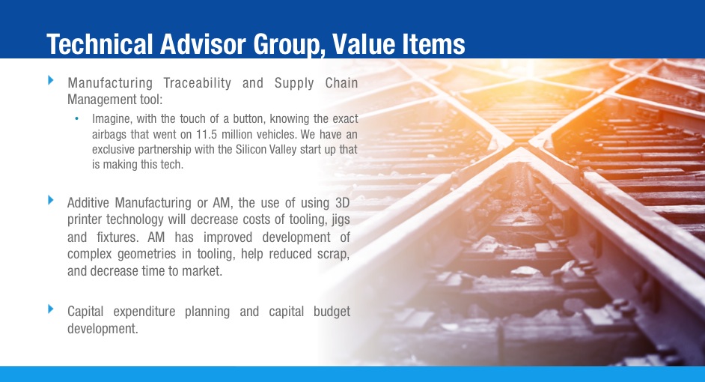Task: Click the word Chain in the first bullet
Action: [x=341, y=83]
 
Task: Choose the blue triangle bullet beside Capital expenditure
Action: [x=51, y=309]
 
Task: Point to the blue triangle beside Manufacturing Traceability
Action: [x=51, y=79]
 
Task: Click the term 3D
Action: [x=341, y=203]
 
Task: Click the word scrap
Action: [x=333, y=255]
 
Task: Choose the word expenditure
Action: [x=141, y=312]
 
